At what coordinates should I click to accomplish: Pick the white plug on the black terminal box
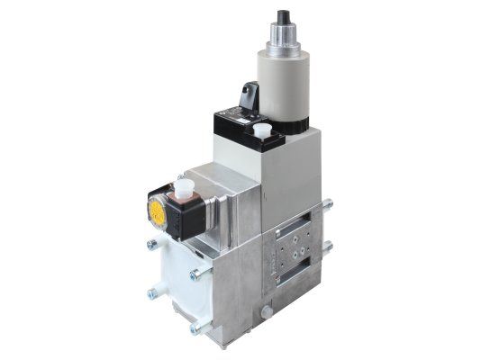[x=262, y=130]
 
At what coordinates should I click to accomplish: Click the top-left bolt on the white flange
[x=150, y=243]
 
